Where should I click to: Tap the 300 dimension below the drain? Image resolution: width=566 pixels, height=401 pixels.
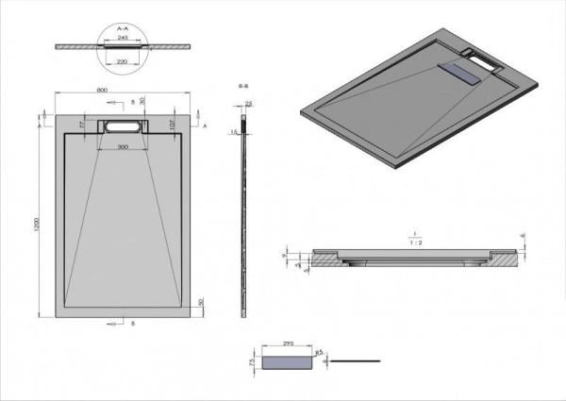(124, 148)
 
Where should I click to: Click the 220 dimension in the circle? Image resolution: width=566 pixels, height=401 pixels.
(123, 60)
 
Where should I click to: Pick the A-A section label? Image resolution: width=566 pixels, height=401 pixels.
(123, 29)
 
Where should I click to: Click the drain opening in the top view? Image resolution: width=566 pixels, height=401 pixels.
(124, 125)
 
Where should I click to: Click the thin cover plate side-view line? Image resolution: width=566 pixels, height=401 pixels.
(360, 360)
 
